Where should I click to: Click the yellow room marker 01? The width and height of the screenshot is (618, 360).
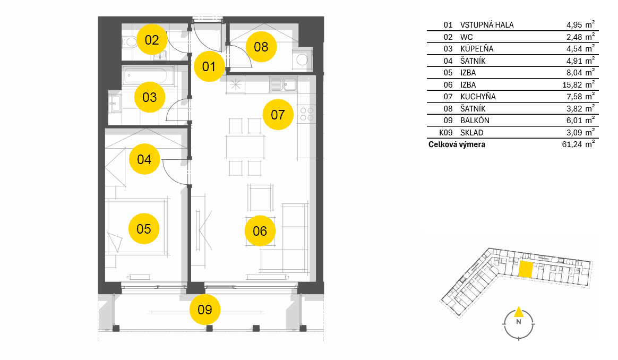pyautogui.click(x=209, y=66)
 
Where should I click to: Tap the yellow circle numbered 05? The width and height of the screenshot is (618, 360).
pyautogui.click(x=144, y=229)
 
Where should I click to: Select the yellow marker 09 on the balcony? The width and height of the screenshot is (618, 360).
pyautogui.click(x=205, y=310)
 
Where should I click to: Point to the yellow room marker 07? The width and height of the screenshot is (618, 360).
pyautogui.click(x=278, y=115)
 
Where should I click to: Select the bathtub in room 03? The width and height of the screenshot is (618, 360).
pyautogui.click(x=149, y=76)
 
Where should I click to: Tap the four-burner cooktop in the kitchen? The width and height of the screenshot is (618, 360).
pyautogui.click(x=307, y=114)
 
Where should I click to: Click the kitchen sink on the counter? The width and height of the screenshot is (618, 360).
pyautogui.click(x=283, y=84)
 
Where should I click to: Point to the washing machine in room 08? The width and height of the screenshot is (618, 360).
pyautogui.click(x=302, y=60)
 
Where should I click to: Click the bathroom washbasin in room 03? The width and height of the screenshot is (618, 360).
pyautogui.click(x=115, y=104)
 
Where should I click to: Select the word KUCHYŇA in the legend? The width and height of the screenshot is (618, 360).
pyautogui.click(x=478, y=97)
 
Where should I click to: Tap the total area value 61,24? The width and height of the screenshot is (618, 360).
pyautogui.click(x=572, y=144)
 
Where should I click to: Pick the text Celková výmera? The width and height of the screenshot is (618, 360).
pyautogui.click(x=457, y=144)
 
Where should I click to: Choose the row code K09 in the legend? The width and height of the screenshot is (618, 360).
pyautogui.click(x=446, y=133)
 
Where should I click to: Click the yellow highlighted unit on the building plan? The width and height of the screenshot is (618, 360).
pyautogui.click(x=526, y=269)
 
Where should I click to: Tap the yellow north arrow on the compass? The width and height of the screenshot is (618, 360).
pyautogui.click(x=519, y=312)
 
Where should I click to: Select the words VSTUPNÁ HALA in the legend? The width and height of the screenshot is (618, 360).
pyautogui.click(x=487, y=25)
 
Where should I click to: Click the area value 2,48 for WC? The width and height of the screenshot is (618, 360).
pyautogui.click(x=574, y=37)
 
